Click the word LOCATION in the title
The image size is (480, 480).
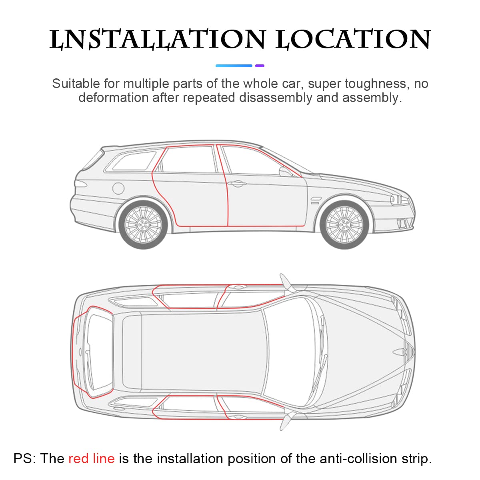[x=353, y=39]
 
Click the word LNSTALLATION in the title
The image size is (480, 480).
[x=158, y=39]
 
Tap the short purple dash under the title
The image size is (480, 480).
[x=260, y=66]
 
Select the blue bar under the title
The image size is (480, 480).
[x=234, y=66]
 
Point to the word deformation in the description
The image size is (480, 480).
[x=113, y=98]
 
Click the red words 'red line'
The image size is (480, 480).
[x=92, y=458]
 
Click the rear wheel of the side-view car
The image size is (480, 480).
[x=143, y=225]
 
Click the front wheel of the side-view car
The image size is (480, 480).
[x=344, y=225]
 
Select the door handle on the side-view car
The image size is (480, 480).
[x=237, y=184]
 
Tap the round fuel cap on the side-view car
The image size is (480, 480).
[x=118, y=188]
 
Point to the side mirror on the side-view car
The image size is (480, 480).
[x=286, y=172]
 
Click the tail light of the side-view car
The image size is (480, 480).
[x=81, y=184]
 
